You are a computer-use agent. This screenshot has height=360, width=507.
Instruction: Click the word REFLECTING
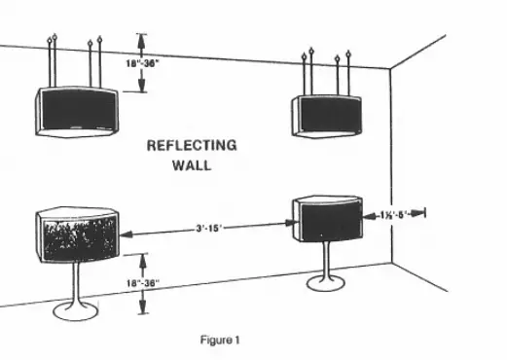tap(191, 146)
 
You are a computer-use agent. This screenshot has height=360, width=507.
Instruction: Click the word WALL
tap(191, 165)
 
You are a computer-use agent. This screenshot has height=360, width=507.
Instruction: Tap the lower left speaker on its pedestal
tap(77, 237)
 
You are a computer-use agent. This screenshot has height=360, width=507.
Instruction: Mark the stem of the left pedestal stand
tap(77, 284)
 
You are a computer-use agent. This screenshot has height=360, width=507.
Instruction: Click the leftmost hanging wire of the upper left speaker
tap(51, 62)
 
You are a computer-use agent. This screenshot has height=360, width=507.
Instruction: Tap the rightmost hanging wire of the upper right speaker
tap(347, 72)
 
